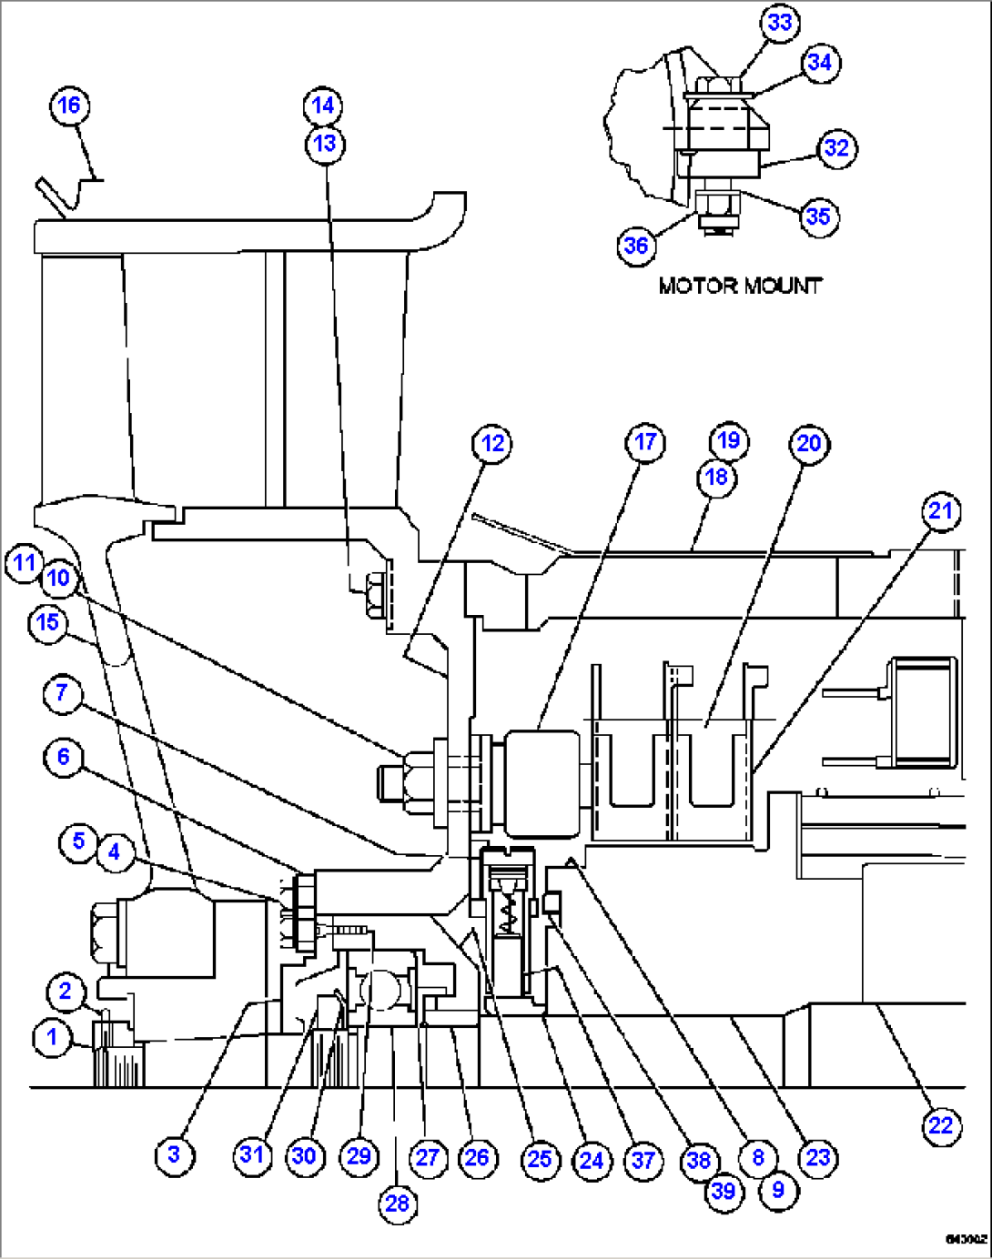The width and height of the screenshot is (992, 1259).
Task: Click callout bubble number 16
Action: point(69,106)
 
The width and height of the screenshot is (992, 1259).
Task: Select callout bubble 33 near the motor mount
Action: point(780,23)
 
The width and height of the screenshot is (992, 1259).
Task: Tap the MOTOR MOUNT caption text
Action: point(740,286)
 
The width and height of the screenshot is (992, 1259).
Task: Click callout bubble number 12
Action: point(492,444)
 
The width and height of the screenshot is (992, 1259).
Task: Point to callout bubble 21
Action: point(940,511)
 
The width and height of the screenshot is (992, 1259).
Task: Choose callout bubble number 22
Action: point(940,1127)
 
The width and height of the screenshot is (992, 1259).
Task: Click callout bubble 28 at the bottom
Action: point(397,1204)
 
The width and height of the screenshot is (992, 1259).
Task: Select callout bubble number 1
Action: point(52,1037)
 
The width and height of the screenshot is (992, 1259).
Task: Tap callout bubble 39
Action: point(724,1191)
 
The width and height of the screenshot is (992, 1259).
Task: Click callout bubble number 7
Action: point(61,693)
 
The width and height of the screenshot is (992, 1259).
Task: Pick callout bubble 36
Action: point(636,246)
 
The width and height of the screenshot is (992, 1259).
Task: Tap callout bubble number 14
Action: point(323,106)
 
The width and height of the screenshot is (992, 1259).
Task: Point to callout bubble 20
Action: point(808,444)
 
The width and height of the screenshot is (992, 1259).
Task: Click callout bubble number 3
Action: point(174,1155)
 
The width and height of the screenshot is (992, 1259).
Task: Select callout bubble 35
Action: point(818,217)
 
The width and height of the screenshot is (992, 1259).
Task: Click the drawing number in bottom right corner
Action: point(966,1239)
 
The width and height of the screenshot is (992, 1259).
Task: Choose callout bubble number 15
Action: point(47,623)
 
